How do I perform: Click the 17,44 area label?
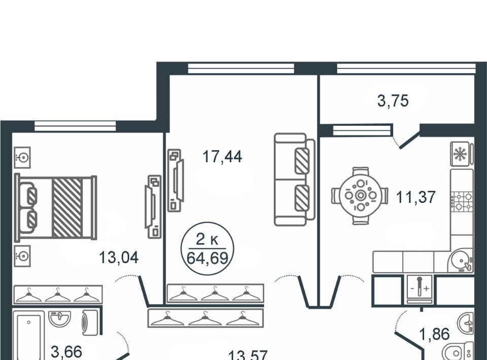[x=222, y=156]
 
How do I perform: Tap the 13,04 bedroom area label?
[x=119, y=258]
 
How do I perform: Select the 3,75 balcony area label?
[x=393, y=101]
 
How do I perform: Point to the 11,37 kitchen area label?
[x=416, y=197]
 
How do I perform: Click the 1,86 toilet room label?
[x=435, y=334]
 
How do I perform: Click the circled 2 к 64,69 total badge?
[x=207, y=248]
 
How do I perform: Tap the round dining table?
[x=360, y=196]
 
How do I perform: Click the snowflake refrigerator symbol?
[x=462, y=154]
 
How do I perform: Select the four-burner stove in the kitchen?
[x=462, y=201]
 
